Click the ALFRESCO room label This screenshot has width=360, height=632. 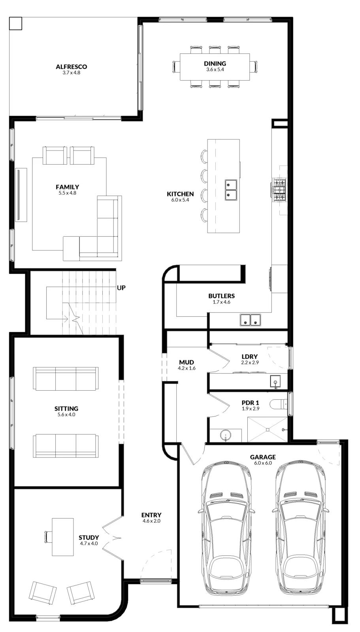72,67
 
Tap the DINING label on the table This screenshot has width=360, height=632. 215,64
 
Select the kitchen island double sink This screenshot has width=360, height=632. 231,190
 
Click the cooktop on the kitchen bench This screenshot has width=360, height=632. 279,190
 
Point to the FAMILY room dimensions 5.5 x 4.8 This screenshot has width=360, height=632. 68,193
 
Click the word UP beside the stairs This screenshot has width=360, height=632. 121,288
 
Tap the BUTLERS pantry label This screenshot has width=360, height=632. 222,296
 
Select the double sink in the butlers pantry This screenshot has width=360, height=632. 251,320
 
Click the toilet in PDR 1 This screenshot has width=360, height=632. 279,404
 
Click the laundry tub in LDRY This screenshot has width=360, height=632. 275,382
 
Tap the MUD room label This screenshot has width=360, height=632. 187,362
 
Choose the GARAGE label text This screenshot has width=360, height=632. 263,457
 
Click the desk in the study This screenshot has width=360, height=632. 63,537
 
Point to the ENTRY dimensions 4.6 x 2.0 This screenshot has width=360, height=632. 152,521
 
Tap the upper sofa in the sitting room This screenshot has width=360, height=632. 66,379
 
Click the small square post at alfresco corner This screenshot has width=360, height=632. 15,23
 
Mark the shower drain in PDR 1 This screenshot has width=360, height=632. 267,430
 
